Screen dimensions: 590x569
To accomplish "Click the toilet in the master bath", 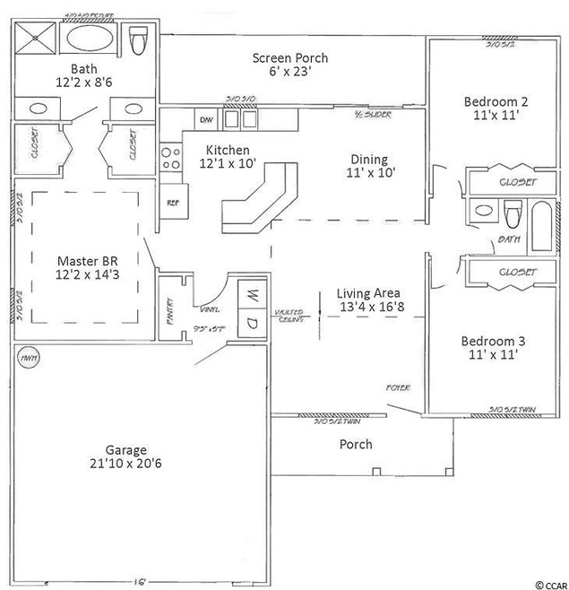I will (138, 39).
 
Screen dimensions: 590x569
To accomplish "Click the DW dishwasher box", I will (205, 119).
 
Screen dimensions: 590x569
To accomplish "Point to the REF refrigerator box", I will (172, 202).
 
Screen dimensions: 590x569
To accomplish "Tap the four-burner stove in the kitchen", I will (170, 160).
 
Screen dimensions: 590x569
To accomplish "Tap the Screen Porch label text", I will (289, 58).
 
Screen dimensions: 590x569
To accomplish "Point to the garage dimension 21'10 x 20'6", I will (125, 464).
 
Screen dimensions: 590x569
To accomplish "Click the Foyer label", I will (398, 387).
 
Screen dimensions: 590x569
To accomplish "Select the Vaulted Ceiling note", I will (289, 316).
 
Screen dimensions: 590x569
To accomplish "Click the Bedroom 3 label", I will (492, 341).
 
